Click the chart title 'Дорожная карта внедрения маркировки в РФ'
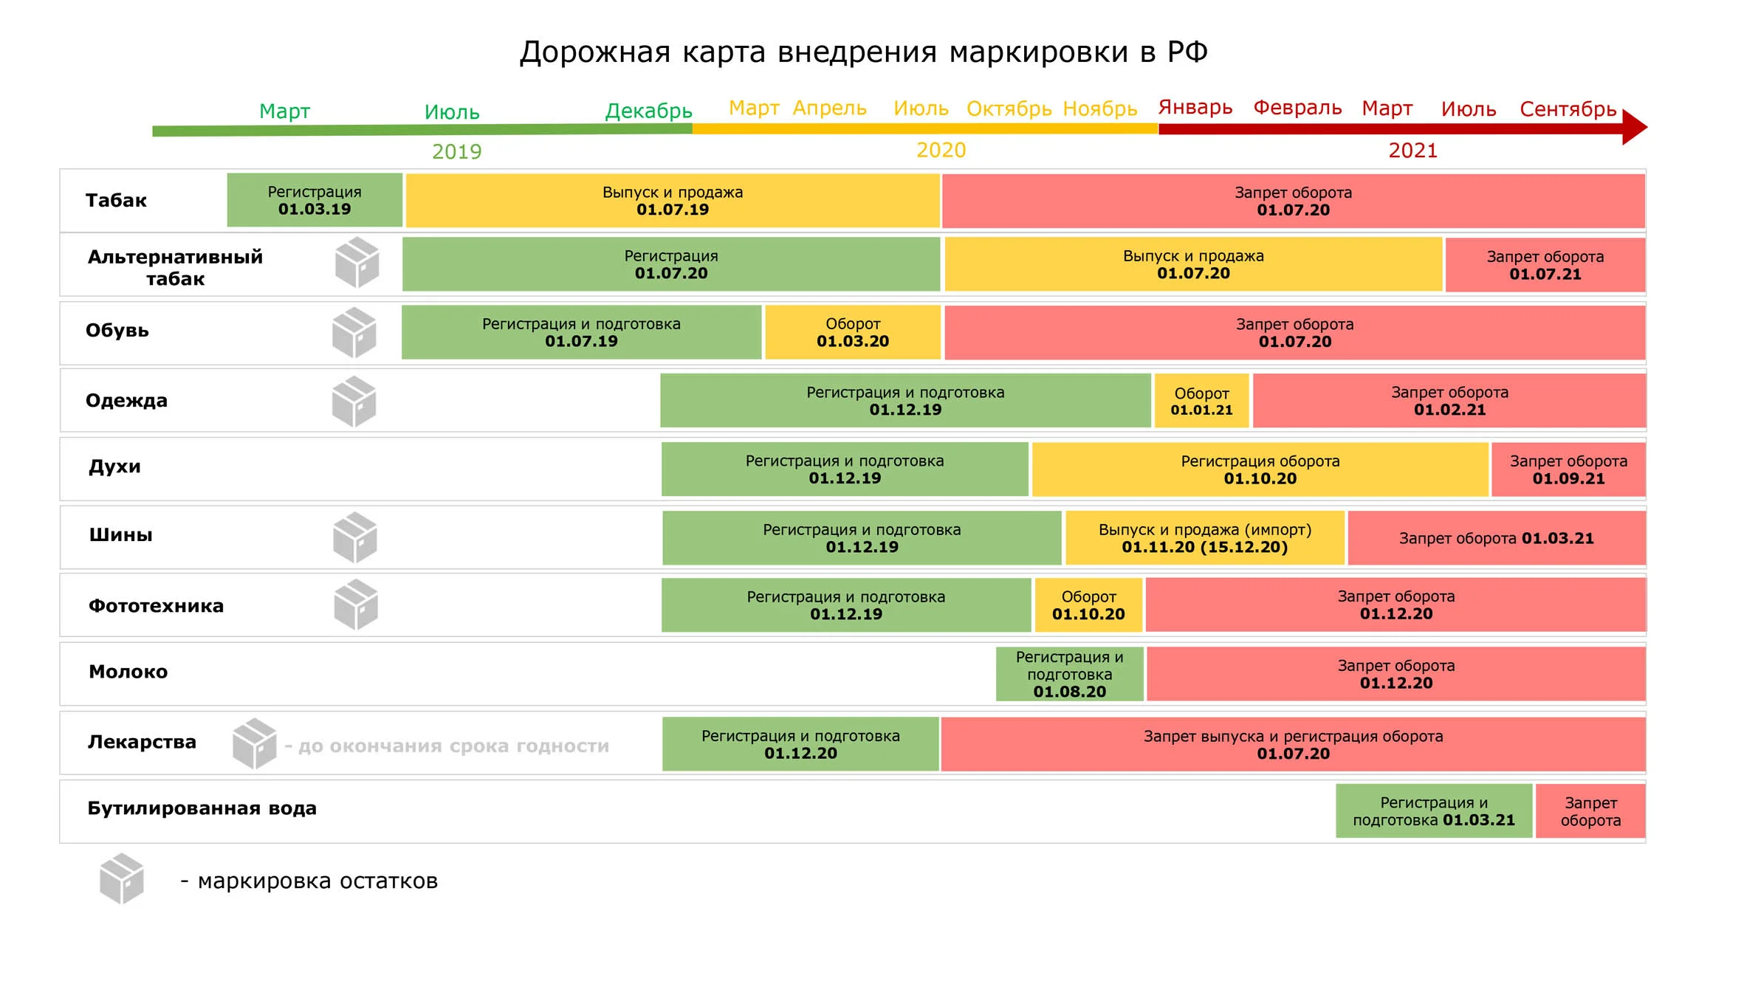(863, 52)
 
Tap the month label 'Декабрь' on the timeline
(648, 111)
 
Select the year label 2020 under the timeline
(941, 151)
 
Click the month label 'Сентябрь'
(1568, 109)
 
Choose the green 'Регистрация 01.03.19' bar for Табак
(315, 200)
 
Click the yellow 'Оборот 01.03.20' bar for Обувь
(853, 332)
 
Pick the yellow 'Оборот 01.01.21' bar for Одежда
(1201, 401)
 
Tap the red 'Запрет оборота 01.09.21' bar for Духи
(1568, 469)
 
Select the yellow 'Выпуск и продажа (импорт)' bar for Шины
(1205, 538)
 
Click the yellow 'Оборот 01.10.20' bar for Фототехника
(1088, 605)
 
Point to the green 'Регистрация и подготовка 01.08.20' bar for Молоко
(1069, 674)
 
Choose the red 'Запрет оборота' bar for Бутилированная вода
(1590, 811)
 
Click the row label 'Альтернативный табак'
(175, 267)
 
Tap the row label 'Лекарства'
(142, 742)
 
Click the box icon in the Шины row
(355, 537)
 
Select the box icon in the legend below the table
(122, 878)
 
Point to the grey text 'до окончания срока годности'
(453, 746)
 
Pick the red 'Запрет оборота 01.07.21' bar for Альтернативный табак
(1545, 265)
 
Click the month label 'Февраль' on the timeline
(1297, 108)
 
